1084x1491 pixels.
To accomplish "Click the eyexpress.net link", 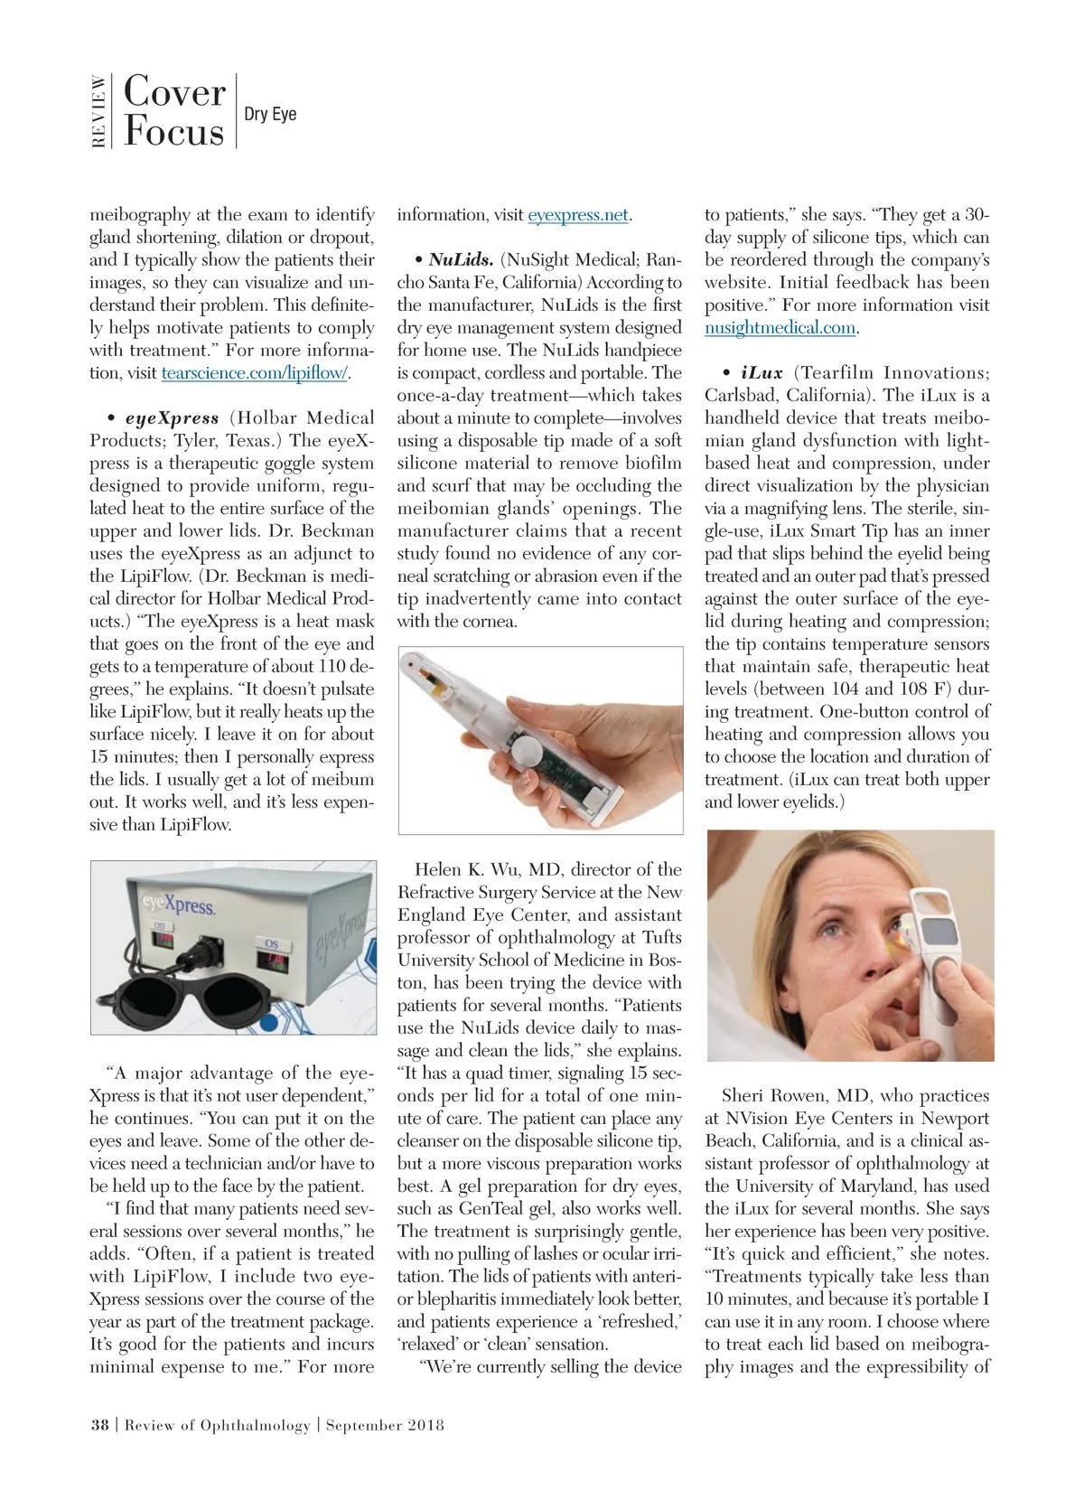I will coord(578,215).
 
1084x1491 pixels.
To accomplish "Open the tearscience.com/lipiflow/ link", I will coord(255,373).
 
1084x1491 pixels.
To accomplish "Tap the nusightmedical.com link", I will coord(780,328).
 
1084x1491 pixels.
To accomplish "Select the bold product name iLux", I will coord(762,373).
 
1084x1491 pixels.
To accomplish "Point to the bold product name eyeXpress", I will coord(173,418).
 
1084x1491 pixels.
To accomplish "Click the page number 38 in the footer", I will coord(99,1425).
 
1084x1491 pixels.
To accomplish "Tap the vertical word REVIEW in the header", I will coord(98,111).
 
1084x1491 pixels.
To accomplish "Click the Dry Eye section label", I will coord(270,115).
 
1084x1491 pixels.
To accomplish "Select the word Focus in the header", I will coord(173,132).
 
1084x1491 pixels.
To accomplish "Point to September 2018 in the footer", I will coord(385,1425).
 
